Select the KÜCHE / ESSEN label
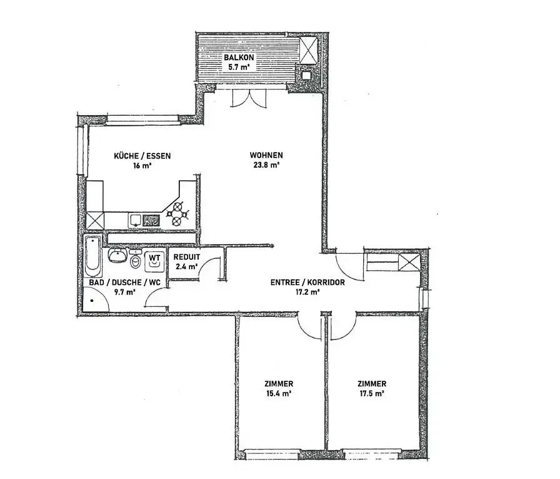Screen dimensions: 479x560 click(x=142, y=156)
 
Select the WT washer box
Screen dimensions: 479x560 click(x=154, y=258)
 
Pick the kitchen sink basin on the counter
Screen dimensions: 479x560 click(x=136, y=220)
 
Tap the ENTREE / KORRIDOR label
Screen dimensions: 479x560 click(x=307, y=282)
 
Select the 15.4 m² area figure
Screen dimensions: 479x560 click(x=279, y=394)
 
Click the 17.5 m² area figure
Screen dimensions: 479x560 click(x=371, y=394)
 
